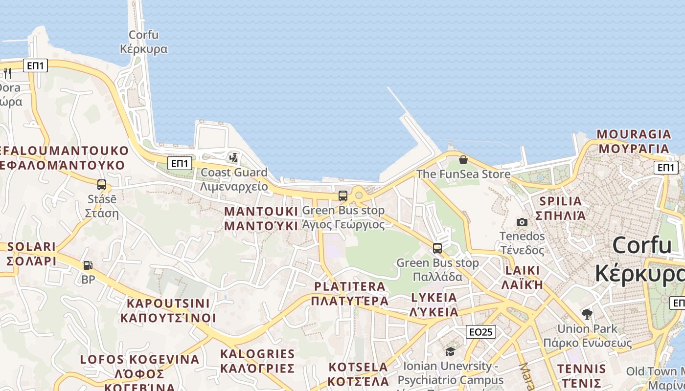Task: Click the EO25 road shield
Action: [480, 332]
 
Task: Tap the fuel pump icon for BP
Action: [88, 265]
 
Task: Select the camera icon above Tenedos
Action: [522, 222]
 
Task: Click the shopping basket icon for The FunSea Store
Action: [463, 160]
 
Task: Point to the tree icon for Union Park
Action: [587, 314]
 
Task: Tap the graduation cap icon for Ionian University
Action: [450, 351]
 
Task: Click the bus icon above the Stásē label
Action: [102, 185]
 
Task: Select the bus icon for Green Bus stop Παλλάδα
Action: [437, 248]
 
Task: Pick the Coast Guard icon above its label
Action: [234, 157]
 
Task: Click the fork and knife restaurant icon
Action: [7, 73]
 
